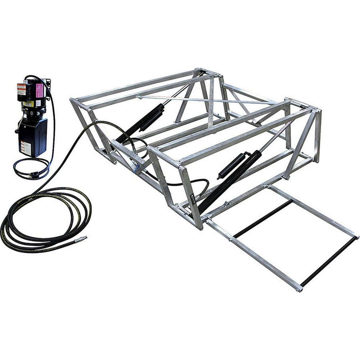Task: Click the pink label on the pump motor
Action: (x=40, y=90)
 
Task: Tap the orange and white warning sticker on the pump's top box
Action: (x=22, y=89)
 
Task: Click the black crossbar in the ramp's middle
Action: (x=263, y=219)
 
